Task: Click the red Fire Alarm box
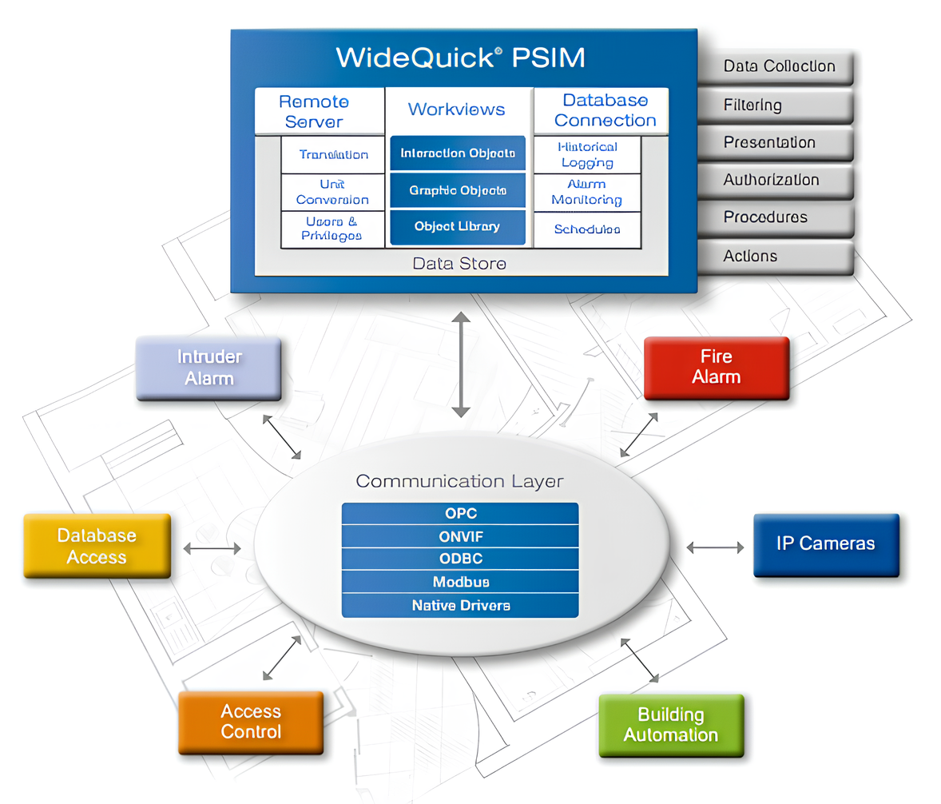click(716, 367)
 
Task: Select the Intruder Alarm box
click(208, 368)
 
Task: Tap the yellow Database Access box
click(97, 546)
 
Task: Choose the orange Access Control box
click(251, 721)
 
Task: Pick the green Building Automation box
click(671, 725)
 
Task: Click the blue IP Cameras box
click(826, 544)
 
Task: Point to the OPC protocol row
click(460, 513)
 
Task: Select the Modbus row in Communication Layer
click(460, 582)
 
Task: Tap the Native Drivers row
click(460, 605)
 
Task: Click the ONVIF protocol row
click(460, 536)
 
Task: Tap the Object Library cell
click(457, 227)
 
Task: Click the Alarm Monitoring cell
click(586, 193)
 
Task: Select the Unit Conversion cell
click(332, 192)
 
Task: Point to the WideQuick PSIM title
click(460, 58)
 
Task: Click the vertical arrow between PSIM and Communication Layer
click(460, 364)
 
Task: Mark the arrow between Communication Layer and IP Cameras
click(715, 547)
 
